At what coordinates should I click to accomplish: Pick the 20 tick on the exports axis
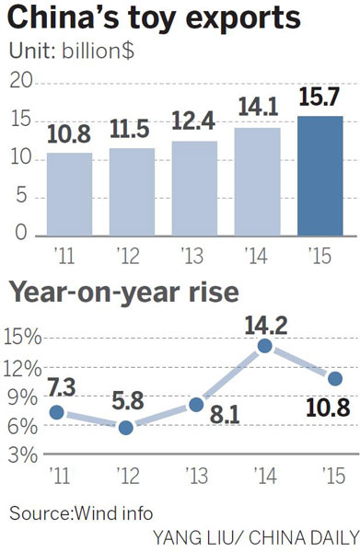click(20, 84)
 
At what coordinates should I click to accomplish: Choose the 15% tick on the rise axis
click(21, 337)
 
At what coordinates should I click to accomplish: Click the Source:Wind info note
click(82, 512)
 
